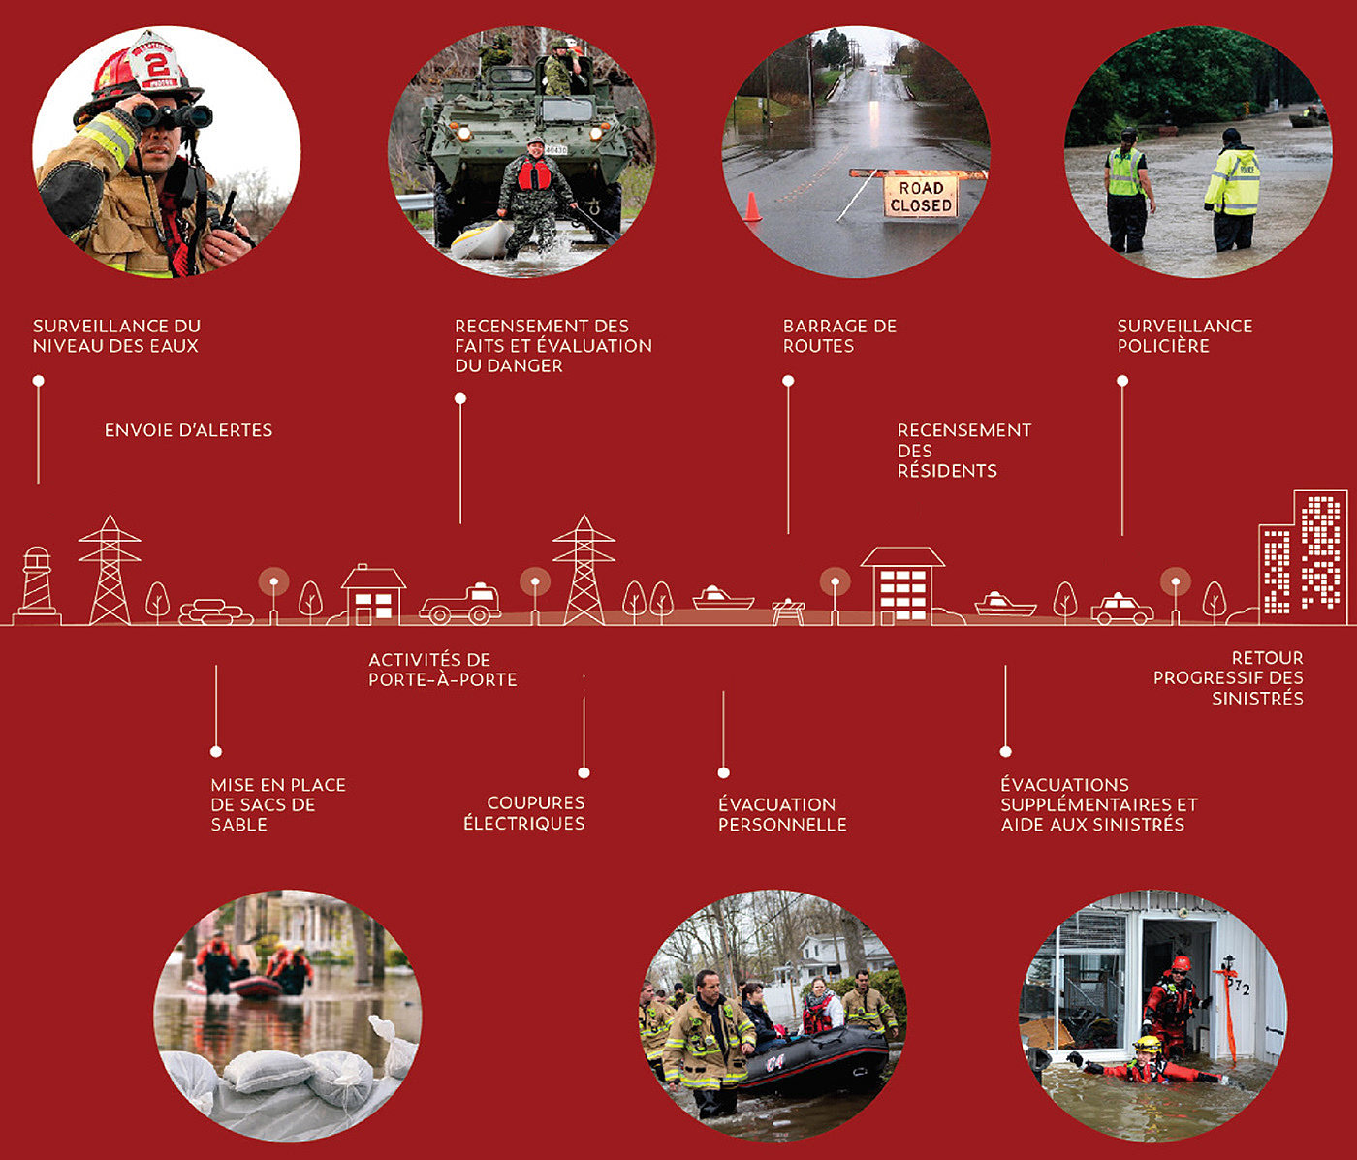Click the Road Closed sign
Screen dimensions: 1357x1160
click(x=920, y=197)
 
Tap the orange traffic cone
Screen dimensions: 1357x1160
click(x=752, y=207)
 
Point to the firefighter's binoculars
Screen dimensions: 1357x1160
click(x=173, y=116)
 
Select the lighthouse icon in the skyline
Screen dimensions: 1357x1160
click(x=37, y=583)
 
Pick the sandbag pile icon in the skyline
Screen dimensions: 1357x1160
click(x=215, y=611)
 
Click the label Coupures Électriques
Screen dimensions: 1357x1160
click(x=524, y=813)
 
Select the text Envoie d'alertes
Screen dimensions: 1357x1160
click(x=188, y=430)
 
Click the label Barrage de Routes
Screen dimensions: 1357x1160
click(x=839, y=336)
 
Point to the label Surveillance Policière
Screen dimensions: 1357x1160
click(x=1184, y=336)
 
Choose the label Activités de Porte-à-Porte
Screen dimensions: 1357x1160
click(x=442, y=670)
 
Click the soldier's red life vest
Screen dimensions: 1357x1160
click(x=534, y=174)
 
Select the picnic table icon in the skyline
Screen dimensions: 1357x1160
click(x=788, y=611)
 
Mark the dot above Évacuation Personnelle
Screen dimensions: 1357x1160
click(x=723, y=772)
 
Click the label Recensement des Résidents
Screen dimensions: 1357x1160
click(x=963, y=451)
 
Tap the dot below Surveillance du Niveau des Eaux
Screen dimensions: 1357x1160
click(x=39, y=381)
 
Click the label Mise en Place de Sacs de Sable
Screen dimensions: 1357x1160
click(x=278, y=804)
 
